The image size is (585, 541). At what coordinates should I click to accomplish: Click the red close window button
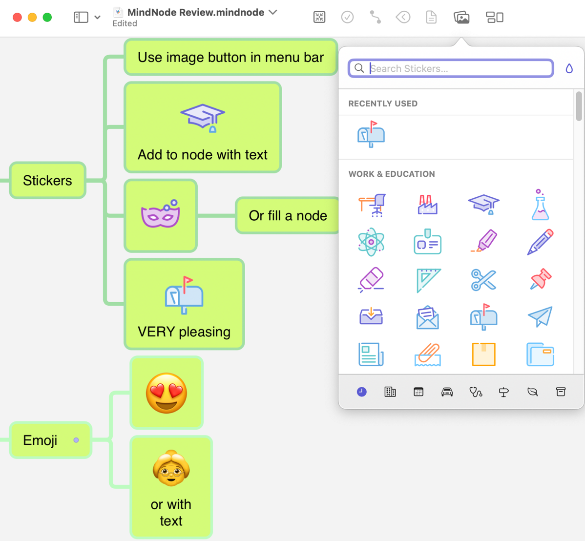(x=17, y=18)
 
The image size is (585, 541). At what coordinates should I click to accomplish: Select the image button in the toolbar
(x=461, y=18)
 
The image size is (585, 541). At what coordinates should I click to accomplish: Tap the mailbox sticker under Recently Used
(x=371, y=134)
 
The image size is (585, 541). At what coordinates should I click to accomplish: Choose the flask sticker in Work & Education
(x=540, y=205)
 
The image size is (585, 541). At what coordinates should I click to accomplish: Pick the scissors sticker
(x=483, y=280)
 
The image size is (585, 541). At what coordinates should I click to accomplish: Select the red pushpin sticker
(x=540, y=279)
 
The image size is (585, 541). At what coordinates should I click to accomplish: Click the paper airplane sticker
(x=540, y=317)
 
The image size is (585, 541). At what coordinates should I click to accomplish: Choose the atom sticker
(x=371, y=242)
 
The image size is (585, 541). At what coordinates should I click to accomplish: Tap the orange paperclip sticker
(x=428, y=354)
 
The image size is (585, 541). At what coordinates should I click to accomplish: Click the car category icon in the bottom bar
(x=447, y=392)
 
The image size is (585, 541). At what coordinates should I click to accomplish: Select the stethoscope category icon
(x=475, y=392)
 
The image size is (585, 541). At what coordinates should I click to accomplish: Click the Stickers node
(x=47, y=181)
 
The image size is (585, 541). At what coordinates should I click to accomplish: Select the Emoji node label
(x=41, y=440)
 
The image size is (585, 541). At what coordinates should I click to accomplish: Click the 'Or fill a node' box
(x=288, y=216)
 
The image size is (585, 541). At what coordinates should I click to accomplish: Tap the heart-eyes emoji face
(x=167, y=393)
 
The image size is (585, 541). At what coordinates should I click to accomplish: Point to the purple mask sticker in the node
(x=161, y=214)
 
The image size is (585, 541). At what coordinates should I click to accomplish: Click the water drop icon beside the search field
(x=569, y=68)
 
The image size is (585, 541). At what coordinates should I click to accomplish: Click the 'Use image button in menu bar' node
(x=230, y=58)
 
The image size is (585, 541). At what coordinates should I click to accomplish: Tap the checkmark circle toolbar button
(x=347, y=18)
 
